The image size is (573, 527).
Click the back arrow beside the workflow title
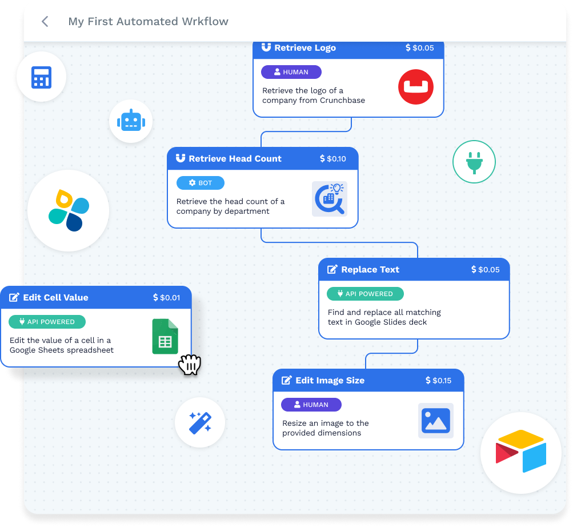click(45, 22)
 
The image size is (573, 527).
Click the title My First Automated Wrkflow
click(148, 22)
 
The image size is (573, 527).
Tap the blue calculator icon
click(42, 77)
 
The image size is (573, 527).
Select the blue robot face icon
click(131, 121)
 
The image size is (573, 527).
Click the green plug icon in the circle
click(474, 162)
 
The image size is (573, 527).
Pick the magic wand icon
click(200, 422)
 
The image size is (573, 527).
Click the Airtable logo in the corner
click(521, 453)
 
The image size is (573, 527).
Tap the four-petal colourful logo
click(69, 210)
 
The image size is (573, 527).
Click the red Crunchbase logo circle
click(416, 87)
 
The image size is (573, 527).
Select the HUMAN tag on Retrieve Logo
click(291, 72)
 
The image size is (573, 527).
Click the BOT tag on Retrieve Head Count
click(201, 183)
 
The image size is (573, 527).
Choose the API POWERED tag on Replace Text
click(365, 294)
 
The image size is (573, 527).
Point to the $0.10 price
click(333, 159)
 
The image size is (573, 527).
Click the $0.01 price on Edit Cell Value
click(167, 298)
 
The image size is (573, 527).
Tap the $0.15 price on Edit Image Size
click(439, 381)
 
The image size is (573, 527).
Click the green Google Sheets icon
click(165, 337)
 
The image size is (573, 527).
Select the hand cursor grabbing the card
click(190, 365)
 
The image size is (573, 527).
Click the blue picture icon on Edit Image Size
click(436, 421)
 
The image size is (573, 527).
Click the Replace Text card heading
click(370, 270)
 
